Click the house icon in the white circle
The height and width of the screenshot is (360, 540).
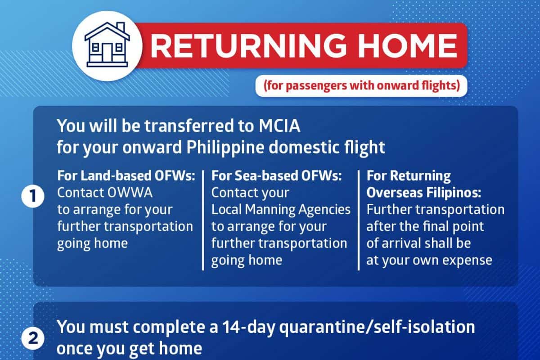coord(107,45)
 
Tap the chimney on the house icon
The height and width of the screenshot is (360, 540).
coord(121,27)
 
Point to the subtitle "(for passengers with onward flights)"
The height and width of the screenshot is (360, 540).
coord(362,86)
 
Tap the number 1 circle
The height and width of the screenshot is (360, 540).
coord(33,196)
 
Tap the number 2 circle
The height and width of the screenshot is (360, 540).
coord(33,338)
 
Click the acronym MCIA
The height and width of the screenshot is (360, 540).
coord(279,126)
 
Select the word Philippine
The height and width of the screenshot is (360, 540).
coord(225,148)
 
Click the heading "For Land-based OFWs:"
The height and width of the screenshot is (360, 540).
coord(126,175)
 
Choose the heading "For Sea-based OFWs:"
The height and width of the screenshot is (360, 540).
coord(276,175)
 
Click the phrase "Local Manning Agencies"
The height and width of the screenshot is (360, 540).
coord(281,210)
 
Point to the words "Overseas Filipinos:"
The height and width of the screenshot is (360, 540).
coord(424,193)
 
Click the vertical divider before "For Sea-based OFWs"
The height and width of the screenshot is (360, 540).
coord(203,220)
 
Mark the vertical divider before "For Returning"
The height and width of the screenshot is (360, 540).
coord(359,220)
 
